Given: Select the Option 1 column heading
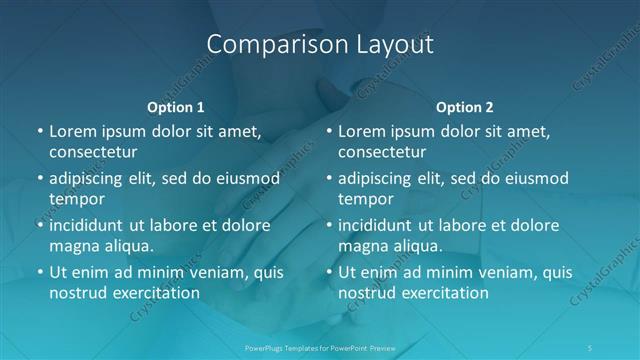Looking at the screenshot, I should pyautogui.click(x=176, y=107).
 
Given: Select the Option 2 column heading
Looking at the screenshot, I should pyautogui.click(x=465, y=107).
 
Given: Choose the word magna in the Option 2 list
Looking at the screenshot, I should pyautogui.click(x=362, y=245).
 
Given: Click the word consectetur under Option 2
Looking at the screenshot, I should pyautogui.click(x=382, y=152).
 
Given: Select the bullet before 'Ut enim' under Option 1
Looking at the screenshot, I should pyautogui.click(x=39, y=272).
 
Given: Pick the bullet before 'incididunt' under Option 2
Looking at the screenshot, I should pyautogui.click(x=328, y=225).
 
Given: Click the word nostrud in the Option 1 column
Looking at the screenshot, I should pyautogui.click(x=79, y=293).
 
